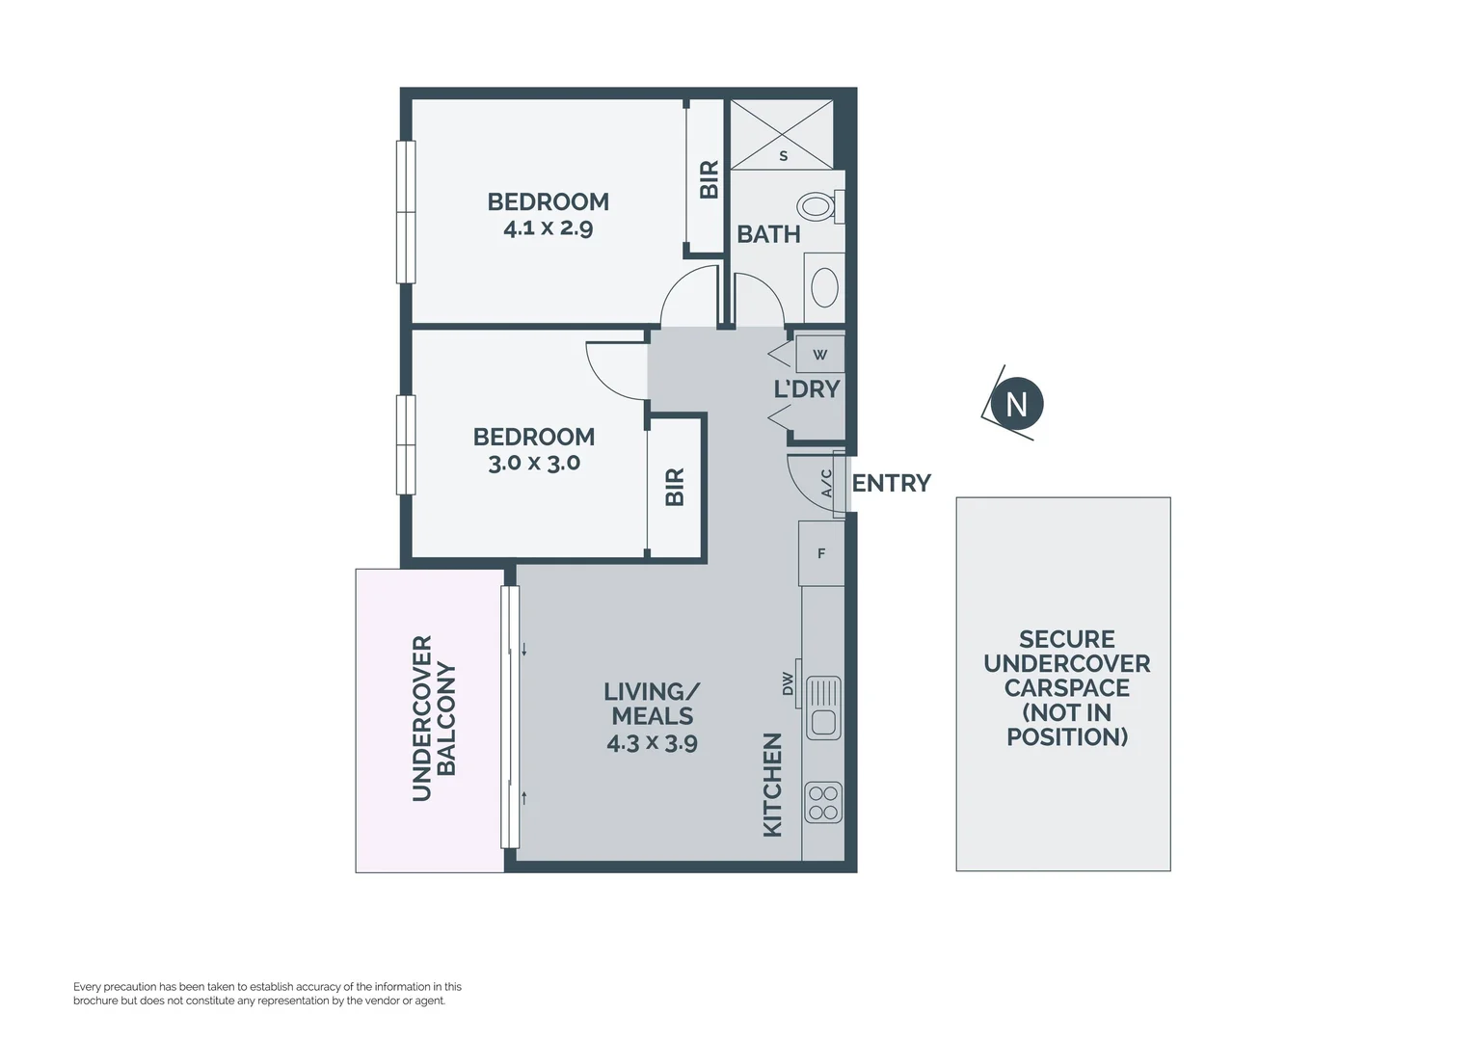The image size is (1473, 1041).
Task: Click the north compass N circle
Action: point(1016,404)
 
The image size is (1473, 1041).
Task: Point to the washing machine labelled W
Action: point(820,355)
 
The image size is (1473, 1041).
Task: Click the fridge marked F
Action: point(821,553)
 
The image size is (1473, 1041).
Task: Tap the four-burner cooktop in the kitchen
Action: point(823,803)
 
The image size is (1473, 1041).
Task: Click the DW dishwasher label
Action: point(788,683)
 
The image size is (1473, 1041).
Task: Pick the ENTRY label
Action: point(891,483)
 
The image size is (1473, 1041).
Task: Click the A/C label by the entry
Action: point(826,483)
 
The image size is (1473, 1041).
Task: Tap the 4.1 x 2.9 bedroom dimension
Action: point(548,228)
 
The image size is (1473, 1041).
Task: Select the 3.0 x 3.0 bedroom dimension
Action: point(534,463)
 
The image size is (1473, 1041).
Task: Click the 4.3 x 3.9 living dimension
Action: point(652,743)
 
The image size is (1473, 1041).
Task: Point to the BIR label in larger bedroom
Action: point(709,179)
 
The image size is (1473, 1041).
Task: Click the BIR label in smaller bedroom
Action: point(675,487)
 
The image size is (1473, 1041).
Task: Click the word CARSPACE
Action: point(1066,688)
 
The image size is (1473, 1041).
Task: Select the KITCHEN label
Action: point(772,785)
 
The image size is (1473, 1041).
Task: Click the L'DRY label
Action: point(807,389)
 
